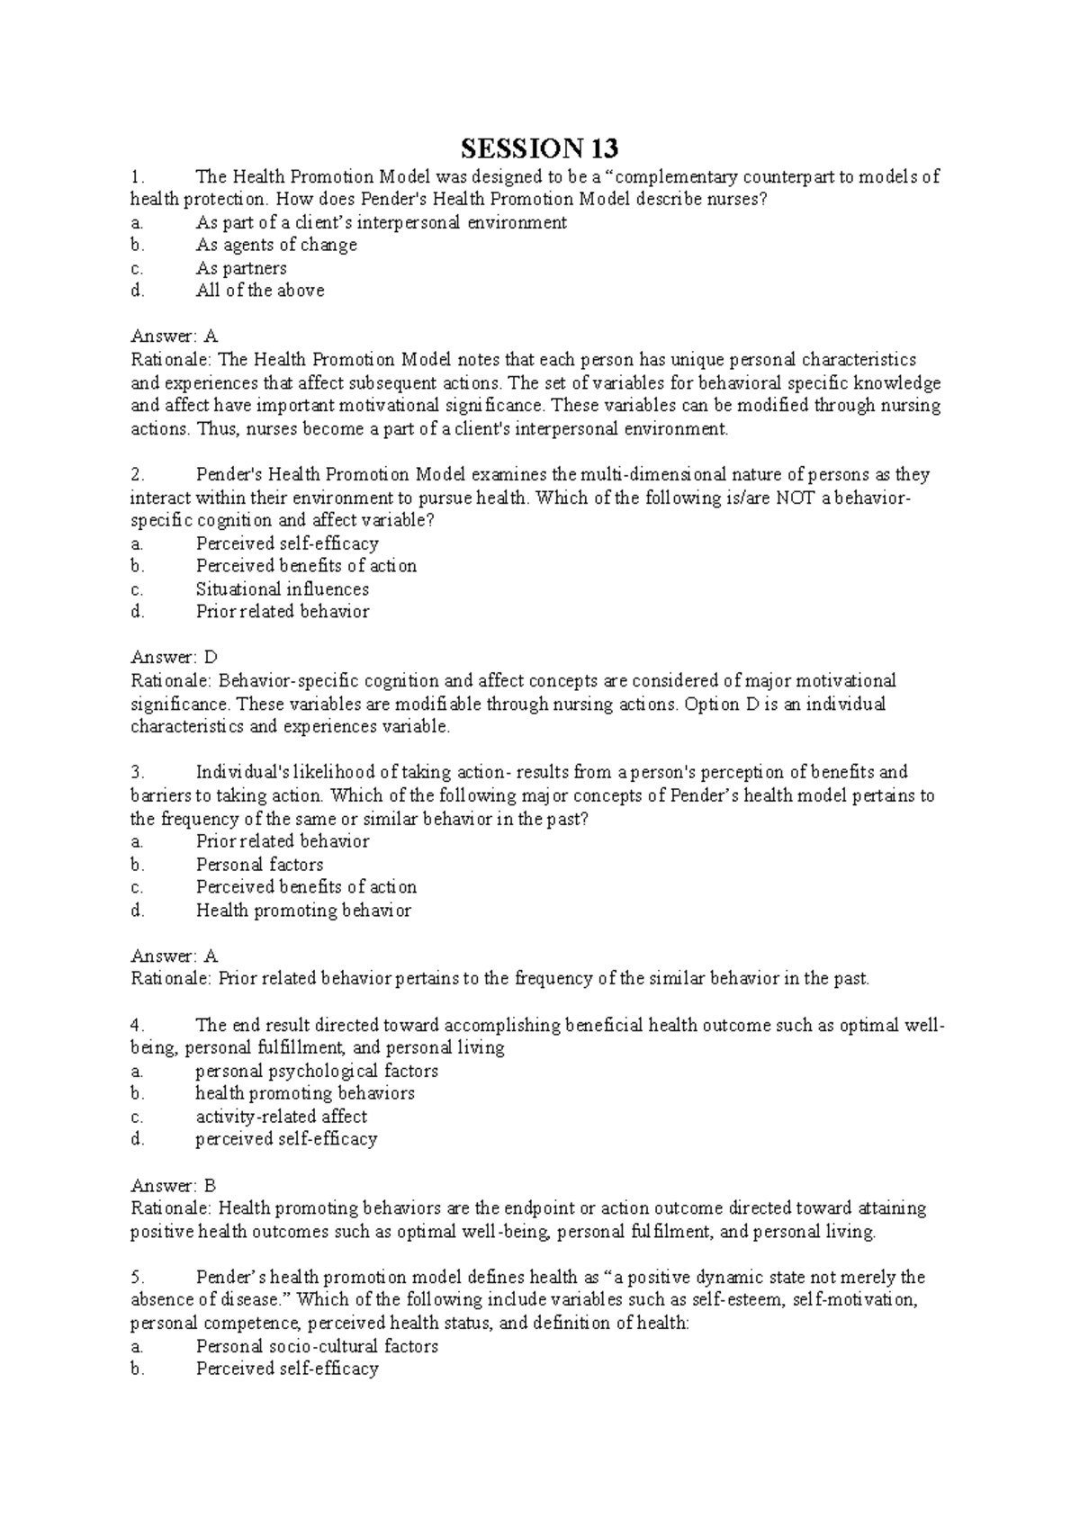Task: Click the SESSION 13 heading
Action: (541, 148)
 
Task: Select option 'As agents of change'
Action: (276, 245)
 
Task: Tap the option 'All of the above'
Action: (260, 291)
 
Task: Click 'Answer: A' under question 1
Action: (175, 337)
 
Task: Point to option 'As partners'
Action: (241, 268)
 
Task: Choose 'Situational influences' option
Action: (283, 589)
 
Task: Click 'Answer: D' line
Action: (175, 658)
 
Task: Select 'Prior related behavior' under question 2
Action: (283, 612)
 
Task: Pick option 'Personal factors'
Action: (260, 865)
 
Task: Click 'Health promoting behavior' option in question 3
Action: (303, 911)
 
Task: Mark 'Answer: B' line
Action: (174, 1186)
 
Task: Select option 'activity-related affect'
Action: (282, 1117)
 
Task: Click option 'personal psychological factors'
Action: (317, 1071)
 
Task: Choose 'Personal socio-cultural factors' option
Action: (317, 1346)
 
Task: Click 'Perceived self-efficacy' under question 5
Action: (287, 1369)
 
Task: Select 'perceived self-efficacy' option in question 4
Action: (286, 1139)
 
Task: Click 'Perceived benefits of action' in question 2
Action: (306, 566)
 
